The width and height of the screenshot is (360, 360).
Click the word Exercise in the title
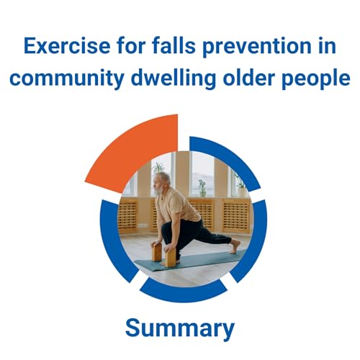[60, 47]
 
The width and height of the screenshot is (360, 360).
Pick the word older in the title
[256, 78]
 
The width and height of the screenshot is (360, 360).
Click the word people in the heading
[318, 78]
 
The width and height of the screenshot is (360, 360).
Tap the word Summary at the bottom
[180, 328]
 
